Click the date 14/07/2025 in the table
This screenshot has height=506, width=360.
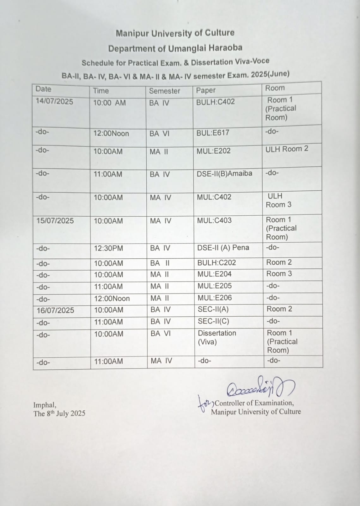click(x=54, y=102)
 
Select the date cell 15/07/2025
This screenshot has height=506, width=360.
click(x=55, y=220)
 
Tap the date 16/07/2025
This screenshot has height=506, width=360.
click(x=55, y=310)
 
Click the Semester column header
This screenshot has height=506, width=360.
click(x=164, y=91)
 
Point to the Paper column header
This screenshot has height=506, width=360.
click(x=206, y=90)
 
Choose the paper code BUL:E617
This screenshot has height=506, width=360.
click(x=213, y=133)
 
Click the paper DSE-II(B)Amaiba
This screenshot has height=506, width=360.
click(x=224, y=174)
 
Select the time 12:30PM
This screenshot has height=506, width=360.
click(x=108, y=248)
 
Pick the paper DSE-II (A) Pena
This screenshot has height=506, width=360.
click(x=223, y=248)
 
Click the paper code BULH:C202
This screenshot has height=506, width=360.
click(x=217, y=262)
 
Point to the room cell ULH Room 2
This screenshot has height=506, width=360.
click(x=287, y=149)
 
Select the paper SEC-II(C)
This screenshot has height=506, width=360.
click(x=213, y=321)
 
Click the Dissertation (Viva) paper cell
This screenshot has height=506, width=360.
click(x=217, y=337)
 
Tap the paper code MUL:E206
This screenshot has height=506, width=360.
click(x=215, y=298)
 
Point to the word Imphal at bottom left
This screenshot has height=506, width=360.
click(x=45, y=405)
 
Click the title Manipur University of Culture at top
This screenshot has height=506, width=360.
click(x=175, y=33)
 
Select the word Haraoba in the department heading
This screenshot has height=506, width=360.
click(x=226, y=48)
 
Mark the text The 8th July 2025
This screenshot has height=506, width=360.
click(x=59, y=413)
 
